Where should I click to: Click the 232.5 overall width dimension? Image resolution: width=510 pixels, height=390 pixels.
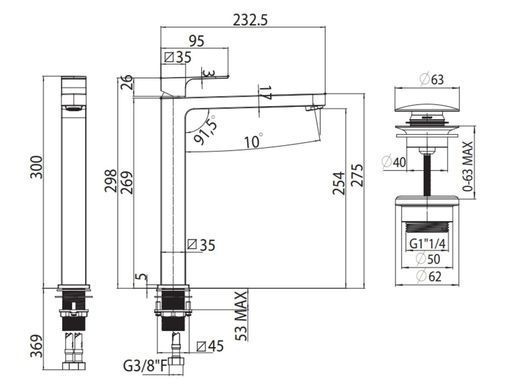pos(250,20)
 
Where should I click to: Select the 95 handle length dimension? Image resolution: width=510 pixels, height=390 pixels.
pos(197,41)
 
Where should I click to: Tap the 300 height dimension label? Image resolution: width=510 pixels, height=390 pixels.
pos(37,167)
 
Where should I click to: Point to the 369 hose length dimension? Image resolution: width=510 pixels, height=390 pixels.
pos(37,346)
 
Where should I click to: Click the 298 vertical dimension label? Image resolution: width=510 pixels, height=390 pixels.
pos(111,181)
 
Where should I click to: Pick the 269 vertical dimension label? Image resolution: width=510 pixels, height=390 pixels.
pos(127,182)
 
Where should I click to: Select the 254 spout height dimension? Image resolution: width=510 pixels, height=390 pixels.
pos(339,183)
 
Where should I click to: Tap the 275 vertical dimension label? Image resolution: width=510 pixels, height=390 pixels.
pos(357,175)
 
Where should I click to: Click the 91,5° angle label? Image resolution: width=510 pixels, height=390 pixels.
pos(206,129)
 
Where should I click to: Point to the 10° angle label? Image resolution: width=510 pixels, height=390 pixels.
pos(254,140)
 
